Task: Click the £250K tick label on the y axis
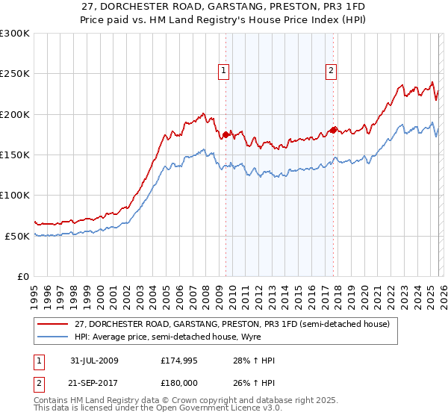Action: [15, 74]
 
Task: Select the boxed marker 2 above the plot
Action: [330, 71]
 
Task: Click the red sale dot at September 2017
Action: [333, 128]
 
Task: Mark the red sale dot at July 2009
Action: [225, 134]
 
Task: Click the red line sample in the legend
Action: [53, 324]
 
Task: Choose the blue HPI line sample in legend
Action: [53, 337]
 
